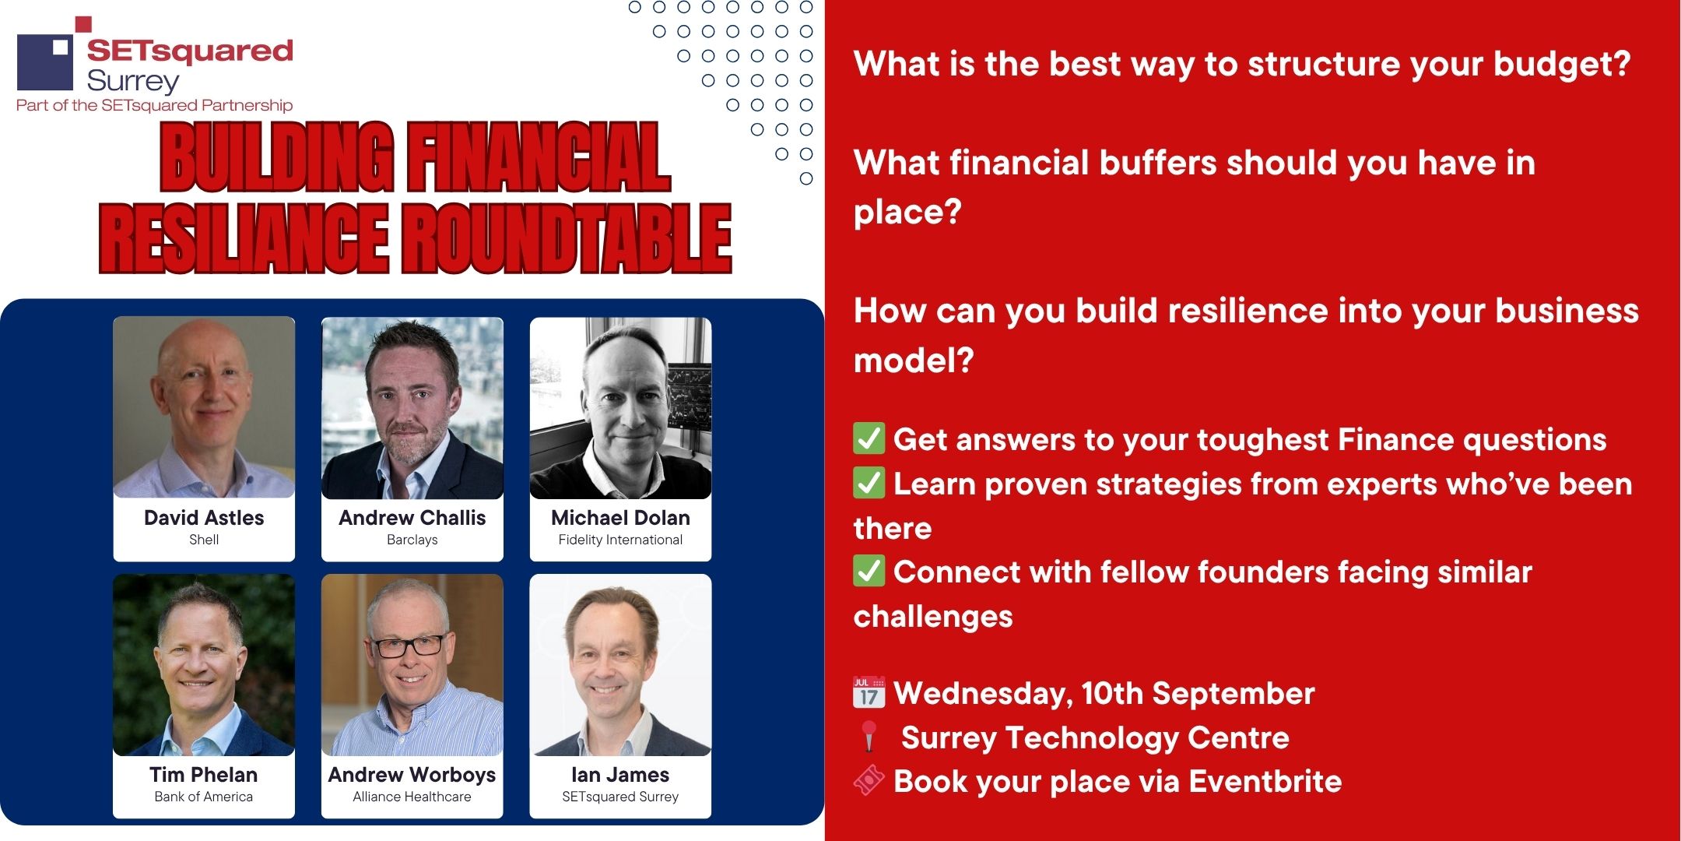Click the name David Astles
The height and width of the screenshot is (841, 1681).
pos(204,518)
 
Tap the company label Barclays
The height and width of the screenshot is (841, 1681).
pos(412,540)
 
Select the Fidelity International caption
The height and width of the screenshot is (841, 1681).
pos(620,540)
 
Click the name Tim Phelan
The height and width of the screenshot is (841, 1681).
pos(204,775)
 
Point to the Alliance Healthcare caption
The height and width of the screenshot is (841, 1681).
pos(412,797)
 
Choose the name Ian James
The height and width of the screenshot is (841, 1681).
pos(620,775)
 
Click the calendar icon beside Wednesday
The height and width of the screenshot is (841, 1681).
pos(869,692)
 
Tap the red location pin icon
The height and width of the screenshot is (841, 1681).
pos(869,737)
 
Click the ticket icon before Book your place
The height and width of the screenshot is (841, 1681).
pos(869,780)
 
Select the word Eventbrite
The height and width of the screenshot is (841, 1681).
pos(1265,781)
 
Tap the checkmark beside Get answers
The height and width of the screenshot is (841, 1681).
pos(869,438)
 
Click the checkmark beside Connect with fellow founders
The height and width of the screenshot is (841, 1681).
pos(869,571)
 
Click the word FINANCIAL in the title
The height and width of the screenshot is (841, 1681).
pos(539,157)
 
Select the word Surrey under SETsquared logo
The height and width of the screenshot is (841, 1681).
pos(133,81)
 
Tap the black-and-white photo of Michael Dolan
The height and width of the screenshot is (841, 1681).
pos(620,408)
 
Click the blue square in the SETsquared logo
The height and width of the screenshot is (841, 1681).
pos(45,62)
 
